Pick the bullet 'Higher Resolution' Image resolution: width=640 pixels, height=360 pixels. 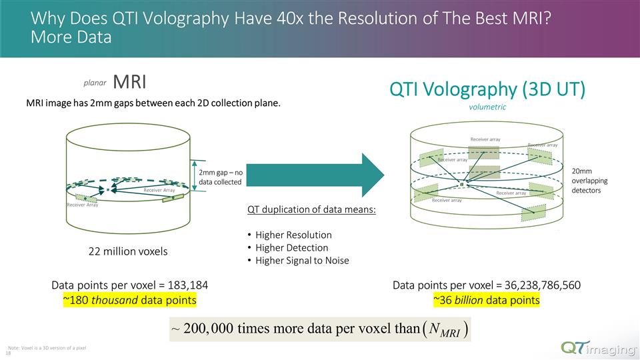click(x=293, y=235)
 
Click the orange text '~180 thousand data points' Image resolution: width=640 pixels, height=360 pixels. click(x=129, y=300)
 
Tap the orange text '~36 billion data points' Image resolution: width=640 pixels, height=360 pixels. click(x=486, y=300)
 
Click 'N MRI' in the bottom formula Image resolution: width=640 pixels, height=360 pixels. click(x=443, y=330)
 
